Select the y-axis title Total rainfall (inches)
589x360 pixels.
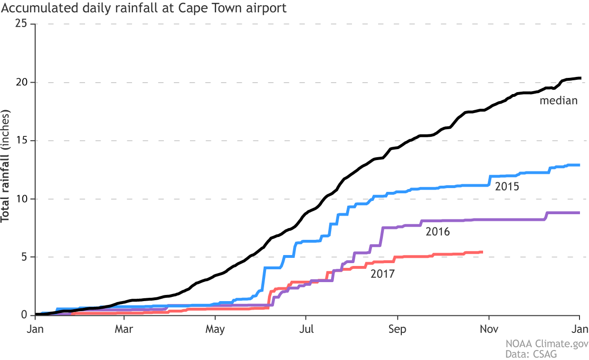[6, 167]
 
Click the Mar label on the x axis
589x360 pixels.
[124, 329]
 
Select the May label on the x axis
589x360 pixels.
[215, 329]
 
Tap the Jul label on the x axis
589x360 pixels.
[306, 329]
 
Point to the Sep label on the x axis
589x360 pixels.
[398, 329]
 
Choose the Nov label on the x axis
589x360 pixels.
[489, 329]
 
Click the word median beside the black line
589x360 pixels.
[558, 101]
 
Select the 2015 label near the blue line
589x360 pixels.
[507, 186]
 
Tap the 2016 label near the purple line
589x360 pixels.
[437, 232]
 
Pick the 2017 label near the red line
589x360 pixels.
[383, 274]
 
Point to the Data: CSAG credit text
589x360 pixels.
[537, 354]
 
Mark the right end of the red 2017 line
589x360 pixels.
[482, 252]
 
